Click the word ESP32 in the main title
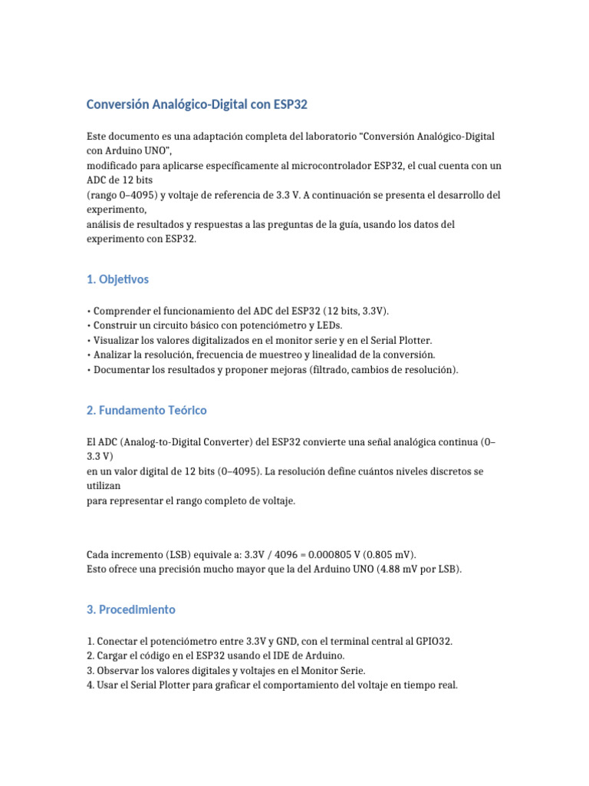coord(289,104)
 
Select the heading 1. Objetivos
coord(118,279)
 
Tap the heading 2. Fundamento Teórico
coord(146,410)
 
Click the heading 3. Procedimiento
coord(131,609)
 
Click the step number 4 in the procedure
coord(90,685)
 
